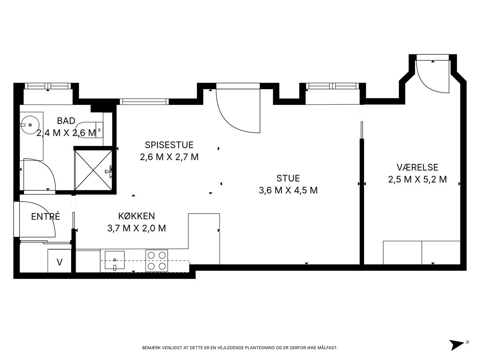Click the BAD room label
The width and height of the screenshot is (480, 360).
66,121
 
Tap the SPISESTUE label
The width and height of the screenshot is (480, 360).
169,145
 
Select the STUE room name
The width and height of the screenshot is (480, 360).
288,178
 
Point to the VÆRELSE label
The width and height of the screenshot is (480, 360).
418,168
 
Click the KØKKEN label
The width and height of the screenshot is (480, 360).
136,216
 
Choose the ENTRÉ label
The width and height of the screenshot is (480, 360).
46,216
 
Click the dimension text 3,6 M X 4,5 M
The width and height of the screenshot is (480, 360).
288,190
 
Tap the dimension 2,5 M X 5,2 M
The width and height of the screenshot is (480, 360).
418,180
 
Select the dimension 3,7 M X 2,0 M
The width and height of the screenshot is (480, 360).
136,228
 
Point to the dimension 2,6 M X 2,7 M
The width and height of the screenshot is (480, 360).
169,157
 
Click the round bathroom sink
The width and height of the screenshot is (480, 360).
30,125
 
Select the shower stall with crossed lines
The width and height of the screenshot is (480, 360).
93,170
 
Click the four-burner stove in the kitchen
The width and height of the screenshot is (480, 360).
156,261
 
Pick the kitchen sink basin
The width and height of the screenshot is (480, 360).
114,260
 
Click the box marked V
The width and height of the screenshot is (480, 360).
60,261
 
